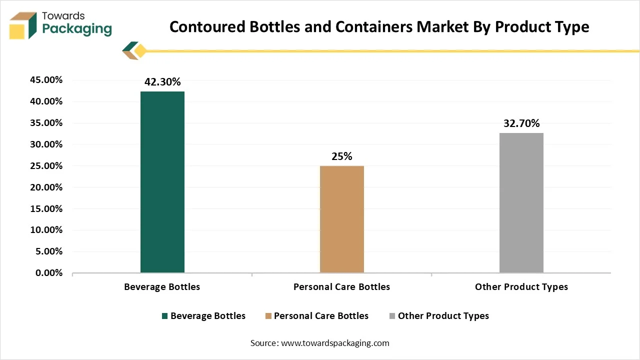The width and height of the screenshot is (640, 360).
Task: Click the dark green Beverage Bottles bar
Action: pyautogui.click(x=162, y=182)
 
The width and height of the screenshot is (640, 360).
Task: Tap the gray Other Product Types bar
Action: pyautogui.click(x=521, y=202)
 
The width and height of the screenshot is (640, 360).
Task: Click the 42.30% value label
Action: pyautogui.click(x=162, y=82)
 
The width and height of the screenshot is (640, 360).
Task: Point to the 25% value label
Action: pyautogui.click(x=342, y=156)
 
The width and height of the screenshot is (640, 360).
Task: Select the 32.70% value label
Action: pyautogui.click(x=521, y=123)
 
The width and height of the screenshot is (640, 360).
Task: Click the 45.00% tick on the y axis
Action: pyautogui.click(x=46, y=80)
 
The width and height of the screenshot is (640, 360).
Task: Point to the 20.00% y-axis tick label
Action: pyautogui.click(x=46, y=187)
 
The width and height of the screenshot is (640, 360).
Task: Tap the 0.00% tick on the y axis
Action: pyautogui.click(x=49, y=273)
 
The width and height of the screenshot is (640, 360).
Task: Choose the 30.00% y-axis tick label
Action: pyautogui.click(x=46, y=144)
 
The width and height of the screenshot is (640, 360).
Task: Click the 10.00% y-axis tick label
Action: pyautogui.click(x=46, y=230)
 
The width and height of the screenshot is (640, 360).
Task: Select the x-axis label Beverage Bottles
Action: pyautogui.click(x=162, y=287)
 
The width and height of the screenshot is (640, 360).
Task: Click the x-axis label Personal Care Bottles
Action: pyautogui.click(x=341, y=287)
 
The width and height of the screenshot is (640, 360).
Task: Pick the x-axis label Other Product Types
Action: pyautogui.click(x=521, y=287)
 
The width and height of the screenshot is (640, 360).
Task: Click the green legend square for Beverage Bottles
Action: pyautogui.click(x=165, y=316)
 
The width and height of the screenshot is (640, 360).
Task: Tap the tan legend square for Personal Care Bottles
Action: pyautogui.click(x=268, y=316)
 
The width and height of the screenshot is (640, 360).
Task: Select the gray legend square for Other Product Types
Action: pyautogui.click(x=392, y=316)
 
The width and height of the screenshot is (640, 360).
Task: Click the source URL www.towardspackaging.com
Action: pyautogui.click(x=335, y=343)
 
